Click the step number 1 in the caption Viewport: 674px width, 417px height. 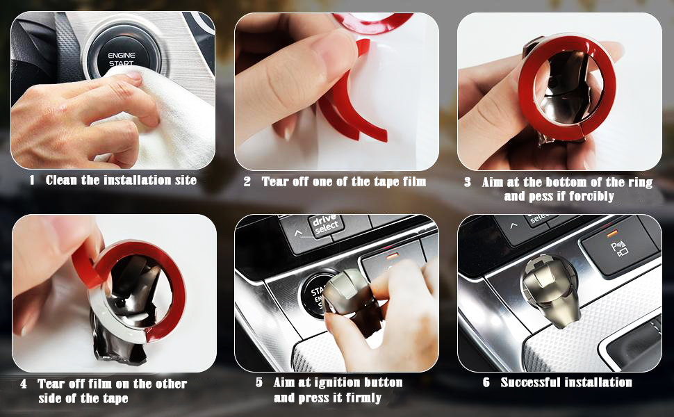[x=32, y=181]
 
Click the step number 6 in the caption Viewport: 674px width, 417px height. [x=486, y=383]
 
